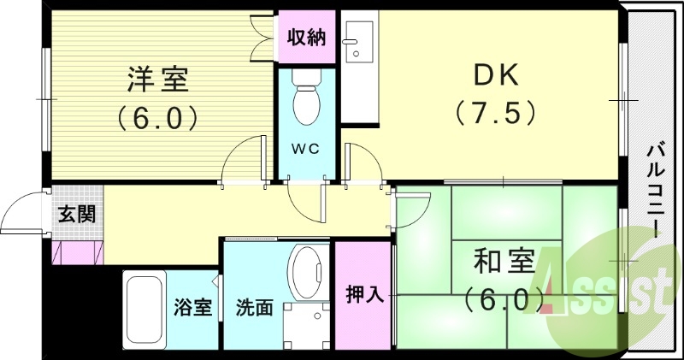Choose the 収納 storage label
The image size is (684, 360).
pos(306,37)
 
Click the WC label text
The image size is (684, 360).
pos(306,148)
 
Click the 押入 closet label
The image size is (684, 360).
pos(364,295)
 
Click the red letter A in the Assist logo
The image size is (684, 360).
pos(556,282)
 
